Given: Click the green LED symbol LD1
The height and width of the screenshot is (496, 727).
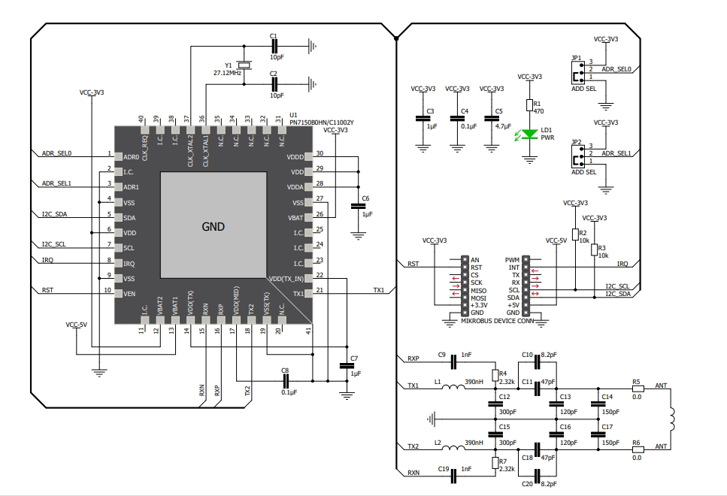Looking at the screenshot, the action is pyautogui.click(x=529, y=135).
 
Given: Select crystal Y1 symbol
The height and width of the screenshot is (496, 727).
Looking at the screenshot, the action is pyautogui.click(x=244, y=65).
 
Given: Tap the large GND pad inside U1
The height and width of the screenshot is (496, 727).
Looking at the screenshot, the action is pyautogui.click(x=214, y=225).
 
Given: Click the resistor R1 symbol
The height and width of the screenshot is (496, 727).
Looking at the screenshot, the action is pyautogui.click(x=529, y=106).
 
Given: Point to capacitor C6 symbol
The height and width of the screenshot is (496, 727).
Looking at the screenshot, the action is pyautogui.click(x=358, y=206).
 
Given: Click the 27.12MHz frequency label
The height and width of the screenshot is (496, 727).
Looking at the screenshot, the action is pyautogui.click(x=227, y=73).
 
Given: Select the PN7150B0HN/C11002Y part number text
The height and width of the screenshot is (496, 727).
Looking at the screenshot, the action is pyautogui.click(x=322, y=122).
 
